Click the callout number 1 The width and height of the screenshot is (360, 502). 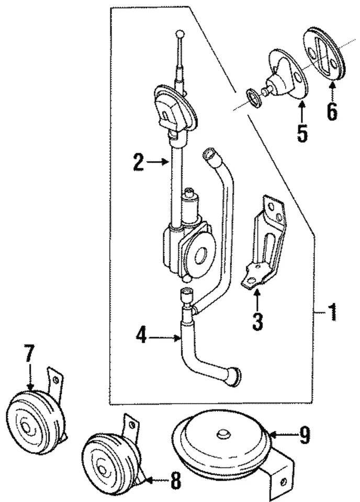click(331, 314)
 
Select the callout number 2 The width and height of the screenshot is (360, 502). click(138, 163)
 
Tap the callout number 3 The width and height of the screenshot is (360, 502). click(257, 320)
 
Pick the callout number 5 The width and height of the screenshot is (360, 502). click(302, 132)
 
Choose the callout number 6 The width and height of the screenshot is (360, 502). click(332, 111)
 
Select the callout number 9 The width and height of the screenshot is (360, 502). click(303, 435)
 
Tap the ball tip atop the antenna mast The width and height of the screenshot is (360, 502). click(180, 34)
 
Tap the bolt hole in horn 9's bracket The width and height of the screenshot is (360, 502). click(283, 482)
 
